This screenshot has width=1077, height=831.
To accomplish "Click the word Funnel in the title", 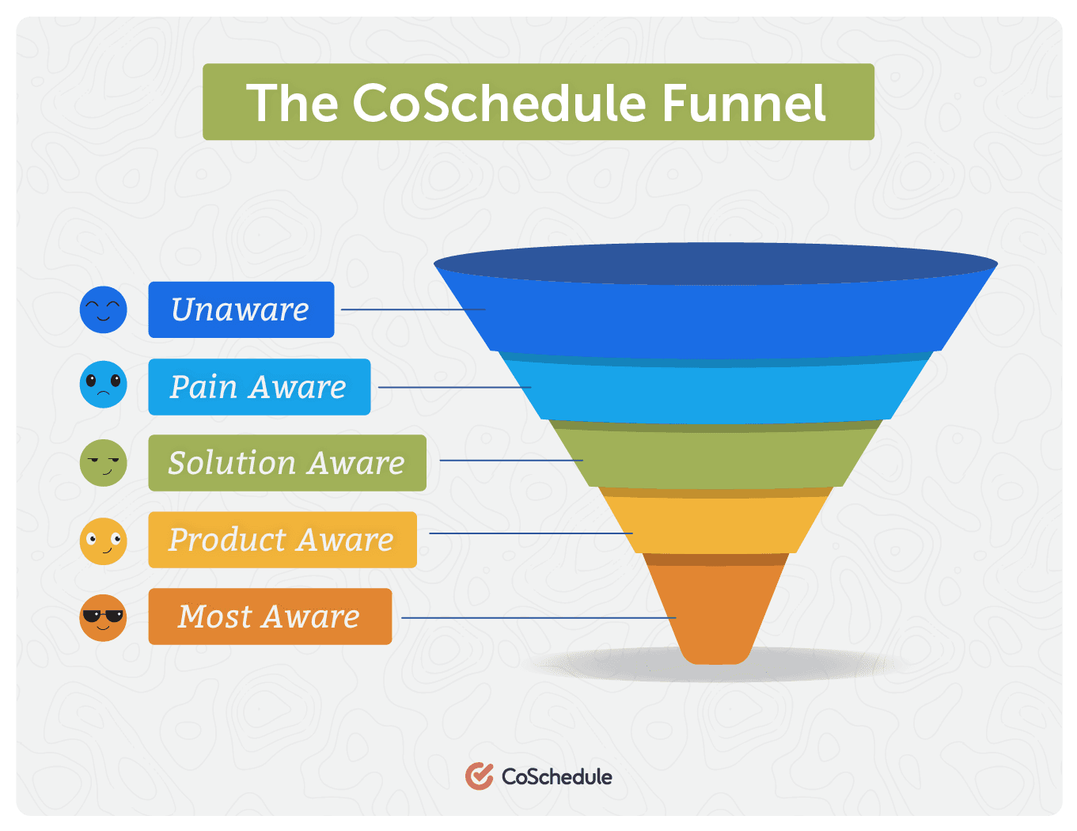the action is (x=743, y=103).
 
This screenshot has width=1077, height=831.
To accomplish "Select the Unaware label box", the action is (x=241, y=309).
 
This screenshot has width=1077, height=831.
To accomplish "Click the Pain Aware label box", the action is (x=260, y=386).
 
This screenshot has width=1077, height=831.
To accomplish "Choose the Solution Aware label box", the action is (x=287, y=462).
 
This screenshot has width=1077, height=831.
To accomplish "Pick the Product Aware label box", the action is (x=283, y=539).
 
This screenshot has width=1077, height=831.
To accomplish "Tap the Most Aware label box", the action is (x=270, y=616).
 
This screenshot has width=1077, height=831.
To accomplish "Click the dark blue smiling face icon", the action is (x=103, y=309).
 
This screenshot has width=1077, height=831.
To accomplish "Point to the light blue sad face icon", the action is (x=103, y=384).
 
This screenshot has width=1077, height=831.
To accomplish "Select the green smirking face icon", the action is (x=103, y=462).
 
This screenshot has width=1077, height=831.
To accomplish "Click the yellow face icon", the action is (x=103, y=541).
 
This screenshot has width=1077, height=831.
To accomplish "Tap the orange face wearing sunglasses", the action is (x=103, y=617).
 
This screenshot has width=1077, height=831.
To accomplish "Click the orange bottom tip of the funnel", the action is (x=715, y=614).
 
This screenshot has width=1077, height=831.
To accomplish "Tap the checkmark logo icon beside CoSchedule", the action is (x=479, y=776).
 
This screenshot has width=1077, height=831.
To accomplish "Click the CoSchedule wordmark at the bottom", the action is (x=556, y=776).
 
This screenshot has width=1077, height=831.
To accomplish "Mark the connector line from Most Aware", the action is (x=538, y=617).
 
